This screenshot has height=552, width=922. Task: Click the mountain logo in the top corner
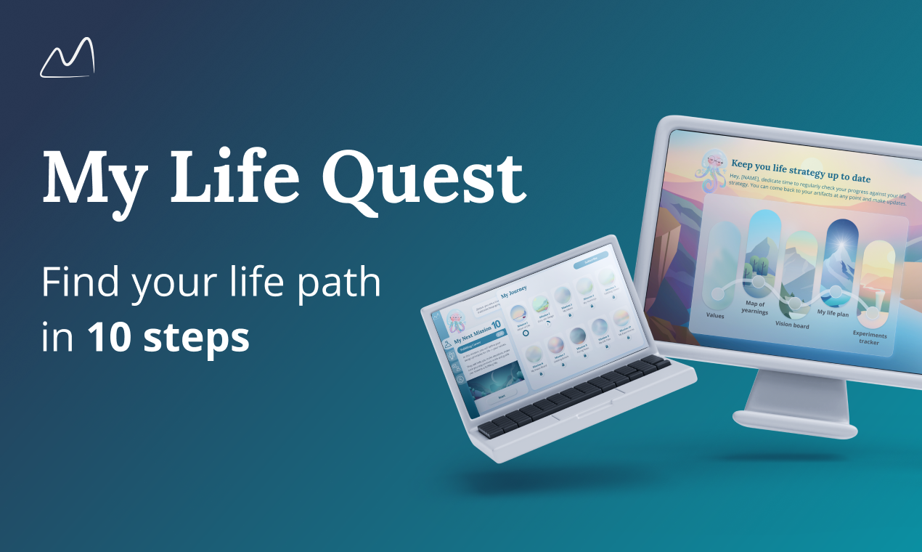click(x=68, y=58)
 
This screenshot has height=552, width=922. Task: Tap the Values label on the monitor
click(x=716, y=315)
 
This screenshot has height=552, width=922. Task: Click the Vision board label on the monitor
click(x=792, y=325)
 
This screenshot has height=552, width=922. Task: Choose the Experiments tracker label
click(x=869, y=338)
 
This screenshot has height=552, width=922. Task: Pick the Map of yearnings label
click(x=755, y=307)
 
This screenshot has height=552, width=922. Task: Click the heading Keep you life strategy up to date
click(x=801, y=171)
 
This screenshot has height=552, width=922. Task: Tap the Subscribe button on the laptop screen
click(x=591, y=263)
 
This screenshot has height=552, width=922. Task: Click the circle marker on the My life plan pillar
click(x=836, y=292)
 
